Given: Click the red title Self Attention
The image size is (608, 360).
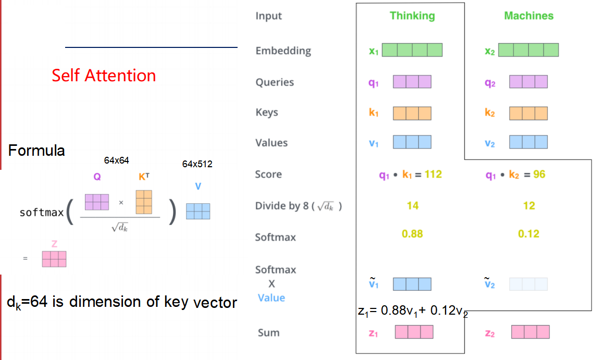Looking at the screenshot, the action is point(104,75).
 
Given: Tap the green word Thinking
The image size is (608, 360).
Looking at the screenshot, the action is point(412,16).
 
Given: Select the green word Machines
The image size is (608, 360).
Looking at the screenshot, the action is point(528,16).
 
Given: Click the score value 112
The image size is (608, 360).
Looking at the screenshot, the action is point(433,174).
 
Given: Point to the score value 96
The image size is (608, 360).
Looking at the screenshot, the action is point(539,174).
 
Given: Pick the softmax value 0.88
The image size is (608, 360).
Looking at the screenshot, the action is point(412,234).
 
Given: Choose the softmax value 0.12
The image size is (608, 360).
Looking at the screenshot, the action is point(528,234).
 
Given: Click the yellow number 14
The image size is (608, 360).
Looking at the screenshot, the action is point(413,206).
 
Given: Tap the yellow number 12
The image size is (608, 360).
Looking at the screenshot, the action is point(529,206).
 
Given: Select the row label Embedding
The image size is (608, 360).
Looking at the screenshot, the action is point(283,51).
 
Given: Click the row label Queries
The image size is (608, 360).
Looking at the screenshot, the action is point(275,82).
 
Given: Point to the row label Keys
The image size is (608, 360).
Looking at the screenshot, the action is point(267,113).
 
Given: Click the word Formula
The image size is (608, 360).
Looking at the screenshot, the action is point(36,151).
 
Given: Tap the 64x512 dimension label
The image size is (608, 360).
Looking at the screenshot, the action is point(197,164).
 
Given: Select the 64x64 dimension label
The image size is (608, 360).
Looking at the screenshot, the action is point(116,160).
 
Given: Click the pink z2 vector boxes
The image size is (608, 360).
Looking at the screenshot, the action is point(530,332).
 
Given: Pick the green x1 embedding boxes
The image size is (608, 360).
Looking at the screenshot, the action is point(412,50).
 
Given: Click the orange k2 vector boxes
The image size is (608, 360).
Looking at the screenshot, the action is point(528,113).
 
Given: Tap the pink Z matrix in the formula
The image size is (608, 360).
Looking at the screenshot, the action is point(54,259).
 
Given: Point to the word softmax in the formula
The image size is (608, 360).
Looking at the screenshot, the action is point(42,213).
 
